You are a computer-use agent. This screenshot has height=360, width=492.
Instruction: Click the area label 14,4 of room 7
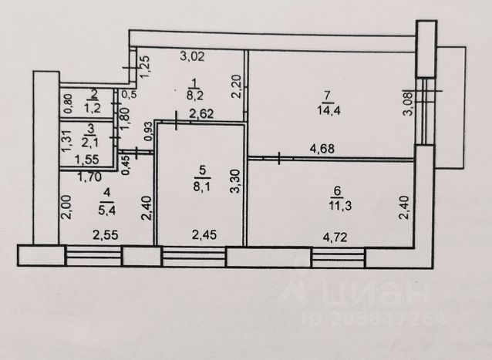329,111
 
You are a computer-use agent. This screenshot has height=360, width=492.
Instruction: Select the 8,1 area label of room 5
201,187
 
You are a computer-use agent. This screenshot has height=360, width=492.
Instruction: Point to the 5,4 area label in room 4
107,210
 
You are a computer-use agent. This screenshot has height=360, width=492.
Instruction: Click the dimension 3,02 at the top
192,56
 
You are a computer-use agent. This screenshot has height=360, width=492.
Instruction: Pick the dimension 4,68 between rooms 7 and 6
322,148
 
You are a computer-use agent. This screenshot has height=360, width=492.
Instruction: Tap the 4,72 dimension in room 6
335,237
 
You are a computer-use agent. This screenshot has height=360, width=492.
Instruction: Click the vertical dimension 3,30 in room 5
236,181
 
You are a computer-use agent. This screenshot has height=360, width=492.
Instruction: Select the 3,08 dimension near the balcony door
408,103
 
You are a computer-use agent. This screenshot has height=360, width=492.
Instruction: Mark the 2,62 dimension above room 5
201,113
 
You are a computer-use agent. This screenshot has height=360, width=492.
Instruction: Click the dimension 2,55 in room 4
106,235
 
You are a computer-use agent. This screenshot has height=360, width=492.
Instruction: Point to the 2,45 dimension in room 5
204,234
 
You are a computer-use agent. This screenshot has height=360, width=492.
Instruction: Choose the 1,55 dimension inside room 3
87,160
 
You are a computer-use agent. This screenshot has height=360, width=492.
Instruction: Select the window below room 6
339,257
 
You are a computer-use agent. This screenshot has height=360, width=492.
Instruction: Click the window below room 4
93,256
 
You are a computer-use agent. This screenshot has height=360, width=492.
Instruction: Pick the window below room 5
194,257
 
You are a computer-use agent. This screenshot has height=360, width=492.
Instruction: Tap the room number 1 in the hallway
194,83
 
